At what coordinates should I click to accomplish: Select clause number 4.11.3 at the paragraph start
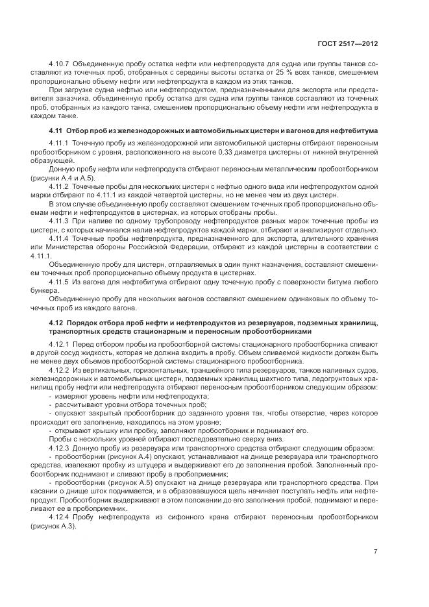[x=60, y=221]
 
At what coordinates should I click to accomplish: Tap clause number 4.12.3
[x=60, y=448]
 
